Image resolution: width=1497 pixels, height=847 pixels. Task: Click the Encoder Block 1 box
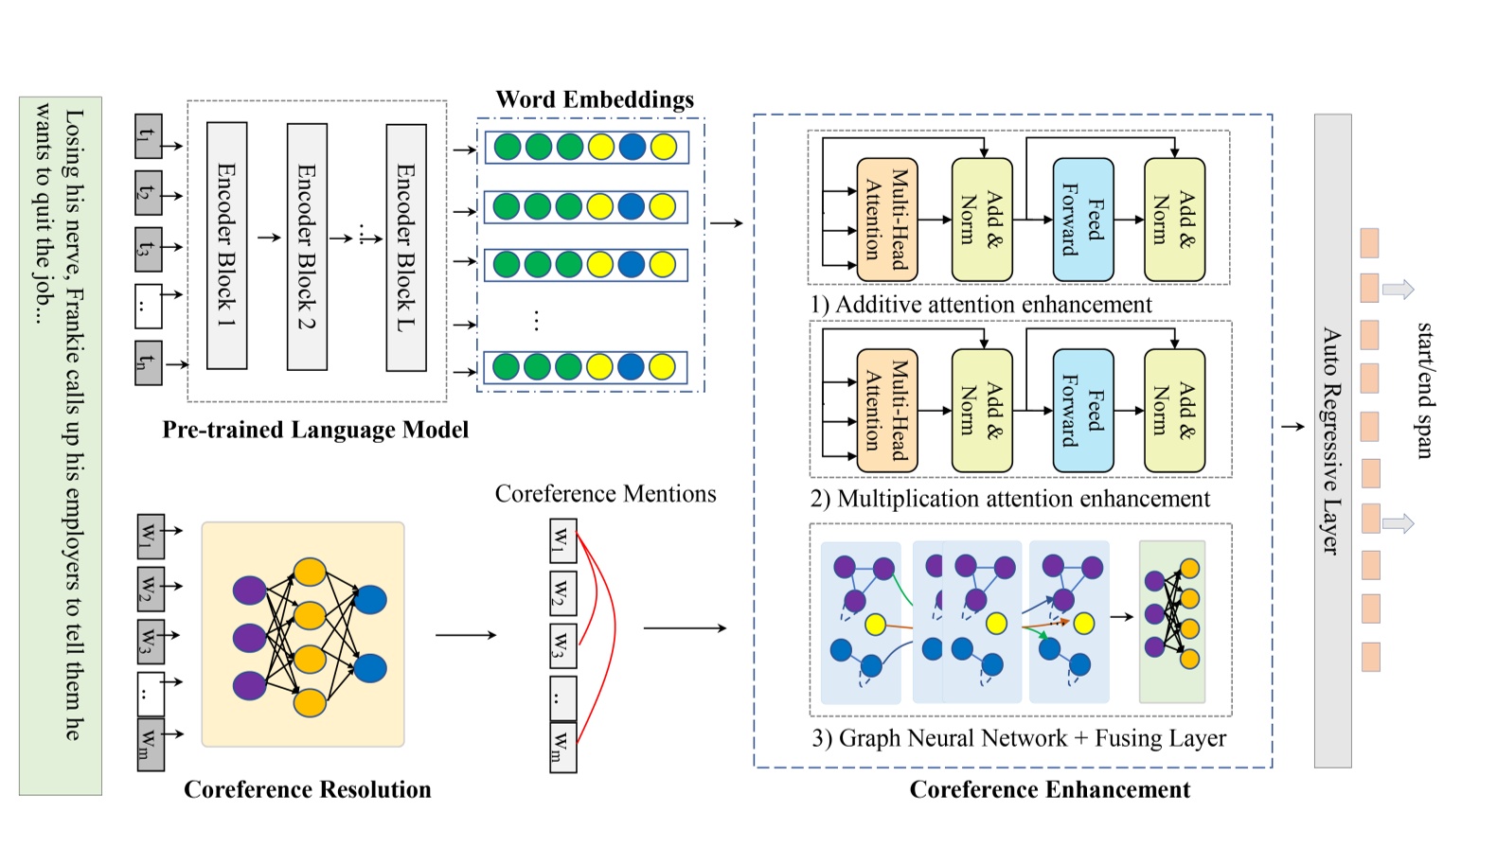(x=226, y=245)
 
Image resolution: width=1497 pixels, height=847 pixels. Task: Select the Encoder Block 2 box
(x=307, y=246)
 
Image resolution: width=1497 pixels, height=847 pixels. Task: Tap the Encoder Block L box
(x=406, y=247)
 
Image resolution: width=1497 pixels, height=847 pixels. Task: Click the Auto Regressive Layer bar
(x=1332, y=440)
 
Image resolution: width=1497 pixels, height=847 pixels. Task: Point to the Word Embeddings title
(x=595, y=99)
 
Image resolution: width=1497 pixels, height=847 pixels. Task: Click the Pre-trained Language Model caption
(x=315, y=430)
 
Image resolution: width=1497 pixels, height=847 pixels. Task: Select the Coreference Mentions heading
(x=605, y=494)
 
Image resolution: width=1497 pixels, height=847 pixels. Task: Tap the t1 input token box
(x=148, y=135)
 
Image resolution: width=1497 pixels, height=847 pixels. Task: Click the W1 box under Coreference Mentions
(x=562, y=540)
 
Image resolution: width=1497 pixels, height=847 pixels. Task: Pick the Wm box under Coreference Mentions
(x=562, y=747)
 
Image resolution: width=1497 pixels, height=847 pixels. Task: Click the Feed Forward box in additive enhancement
(x=1082, y=220)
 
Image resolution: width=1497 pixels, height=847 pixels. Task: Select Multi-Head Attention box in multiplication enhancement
(x=886, y=411)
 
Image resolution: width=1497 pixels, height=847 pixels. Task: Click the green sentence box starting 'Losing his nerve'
(x=60, y=445)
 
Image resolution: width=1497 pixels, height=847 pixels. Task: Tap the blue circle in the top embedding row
(x=632, y=147)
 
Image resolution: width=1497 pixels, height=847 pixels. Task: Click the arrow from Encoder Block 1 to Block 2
(x=269, y=238)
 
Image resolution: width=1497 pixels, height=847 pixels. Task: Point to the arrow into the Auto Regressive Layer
(x=1292, y=427)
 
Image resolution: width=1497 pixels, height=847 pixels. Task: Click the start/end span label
(x=1423, y=390)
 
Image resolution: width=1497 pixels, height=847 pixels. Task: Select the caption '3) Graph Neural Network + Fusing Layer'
(x=1019, y=738)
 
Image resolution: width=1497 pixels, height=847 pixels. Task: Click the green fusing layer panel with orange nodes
(x=1171, y=621)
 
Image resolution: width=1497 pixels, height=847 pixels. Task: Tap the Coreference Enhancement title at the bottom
(x=1049, y=789)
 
